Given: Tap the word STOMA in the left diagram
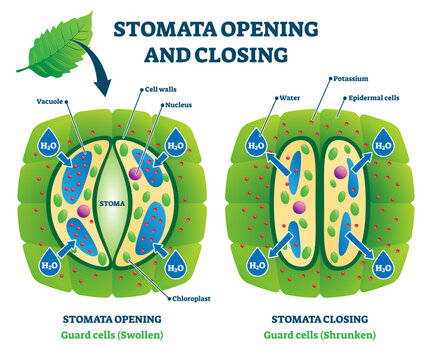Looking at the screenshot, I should [110, 208].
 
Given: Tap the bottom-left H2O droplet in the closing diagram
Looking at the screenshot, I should [257, 266].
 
